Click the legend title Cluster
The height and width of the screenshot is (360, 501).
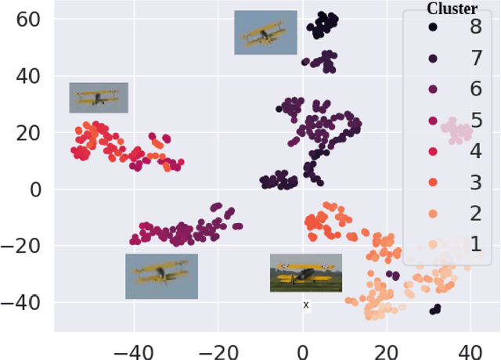click(452, 9)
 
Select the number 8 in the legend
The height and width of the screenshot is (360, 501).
click(475, 27)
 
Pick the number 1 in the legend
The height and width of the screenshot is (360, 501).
click(475, 244)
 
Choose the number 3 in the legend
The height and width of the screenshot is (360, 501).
click(475, 182)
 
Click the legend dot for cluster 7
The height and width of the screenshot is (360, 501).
click(433, 59)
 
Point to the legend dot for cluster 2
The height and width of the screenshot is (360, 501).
click(433, 214)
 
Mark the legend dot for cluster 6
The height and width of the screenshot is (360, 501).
click(433, 89)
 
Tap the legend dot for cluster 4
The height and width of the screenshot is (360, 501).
click(433, 152)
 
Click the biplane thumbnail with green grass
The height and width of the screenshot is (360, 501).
click(305, 273)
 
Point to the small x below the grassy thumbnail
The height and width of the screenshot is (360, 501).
click(306, 304)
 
